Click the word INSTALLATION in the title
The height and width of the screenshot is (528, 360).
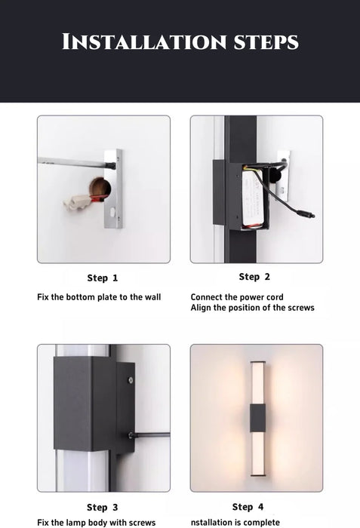(x=144, y=41)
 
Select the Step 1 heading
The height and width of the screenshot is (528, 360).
(x=103, y=278)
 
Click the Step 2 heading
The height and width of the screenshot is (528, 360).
(x=254, y=277)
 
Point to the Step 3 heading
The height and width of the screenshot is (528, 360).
(x=103, y=507)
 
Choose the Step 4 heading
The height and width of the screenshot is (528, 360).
(x=248, y=507)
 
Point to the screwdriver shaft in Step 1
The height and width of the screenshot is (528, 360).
(x=76, y=163)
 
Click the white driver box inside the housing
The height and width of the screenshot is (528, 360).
(x=252, y=198)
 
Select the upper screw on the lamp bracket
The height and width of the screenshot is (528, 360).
(x=131, y=380)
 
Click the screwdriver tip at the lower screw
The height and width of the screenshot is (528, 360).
(x=131, y=435)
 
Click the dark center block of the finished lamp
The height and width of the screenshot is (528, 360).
(x=257, y=418)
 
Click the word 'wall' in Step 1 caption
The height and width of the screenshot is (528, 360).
(x=152, y=297)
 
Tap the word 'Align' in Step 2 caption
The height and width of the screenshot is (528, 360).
(x=200, y=308)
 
